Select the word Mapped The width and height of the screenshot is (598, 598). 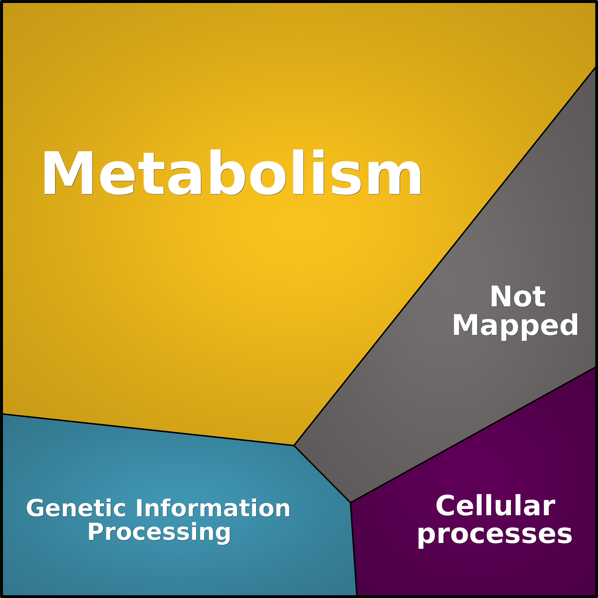click(515, 327)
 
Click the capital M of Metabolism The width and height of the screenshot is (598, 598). click(68, 173)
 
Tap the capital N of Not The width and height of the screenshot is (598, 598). click(500, 296)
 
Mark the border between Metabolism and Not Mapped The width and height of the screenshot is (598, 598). click(445, 256)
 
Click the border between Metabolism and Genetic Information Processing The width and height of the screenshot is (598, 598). click(148, 430)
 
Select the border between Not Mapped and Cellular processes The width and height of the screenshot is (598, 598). click(473, 434)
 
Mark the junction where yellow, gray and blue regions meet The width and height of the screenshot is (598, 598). click(294, 445)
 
